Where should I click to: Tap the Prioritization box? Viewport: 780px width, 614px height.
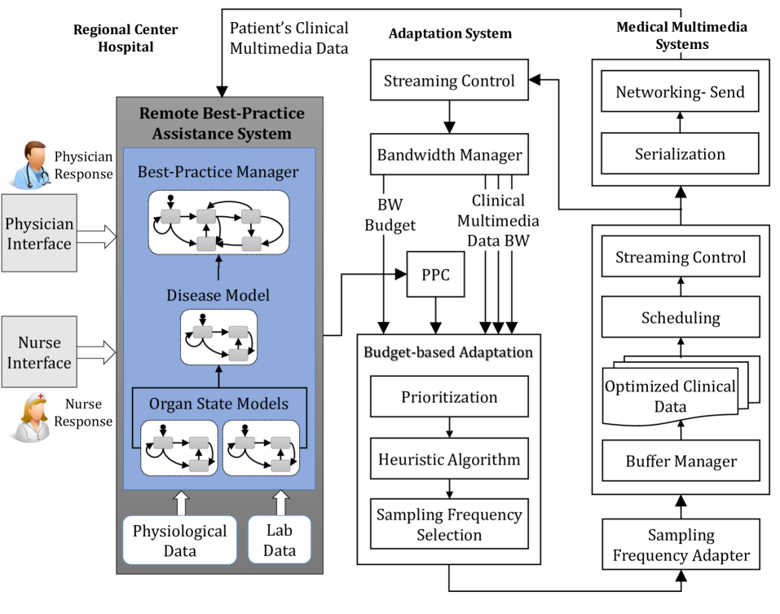coord(449,397)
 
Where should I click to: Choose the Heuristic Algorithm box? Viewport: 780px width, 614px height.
coord(449,459)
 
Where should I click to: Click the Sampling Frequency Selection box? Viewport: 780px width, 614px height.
coord(449,523)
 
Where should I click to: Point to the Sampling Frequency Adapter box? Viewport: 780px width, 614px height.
coord(681,546)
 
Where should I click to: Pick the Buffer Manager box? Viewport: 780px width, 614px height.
coord(681,462)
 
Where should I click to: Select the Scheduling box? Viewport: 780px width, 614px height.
coord(681,317)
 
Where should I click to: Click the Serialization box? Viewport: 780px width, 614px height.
coord(681,153)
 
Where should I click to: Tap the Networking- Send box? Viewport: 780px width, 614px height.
coord(681,91)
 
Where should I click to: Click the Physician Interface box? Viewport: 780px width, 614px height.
coord(40,233)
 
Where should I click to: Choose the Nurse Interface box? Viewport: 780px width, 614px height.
coord(40,352)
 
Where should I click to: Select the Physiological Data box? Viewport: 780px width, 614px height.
coord(179,540)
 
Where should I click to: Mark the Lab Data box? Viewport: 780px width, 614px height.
coord(280,540)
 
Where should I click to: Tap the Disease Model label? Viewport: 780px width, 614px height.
coord(218,295)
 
